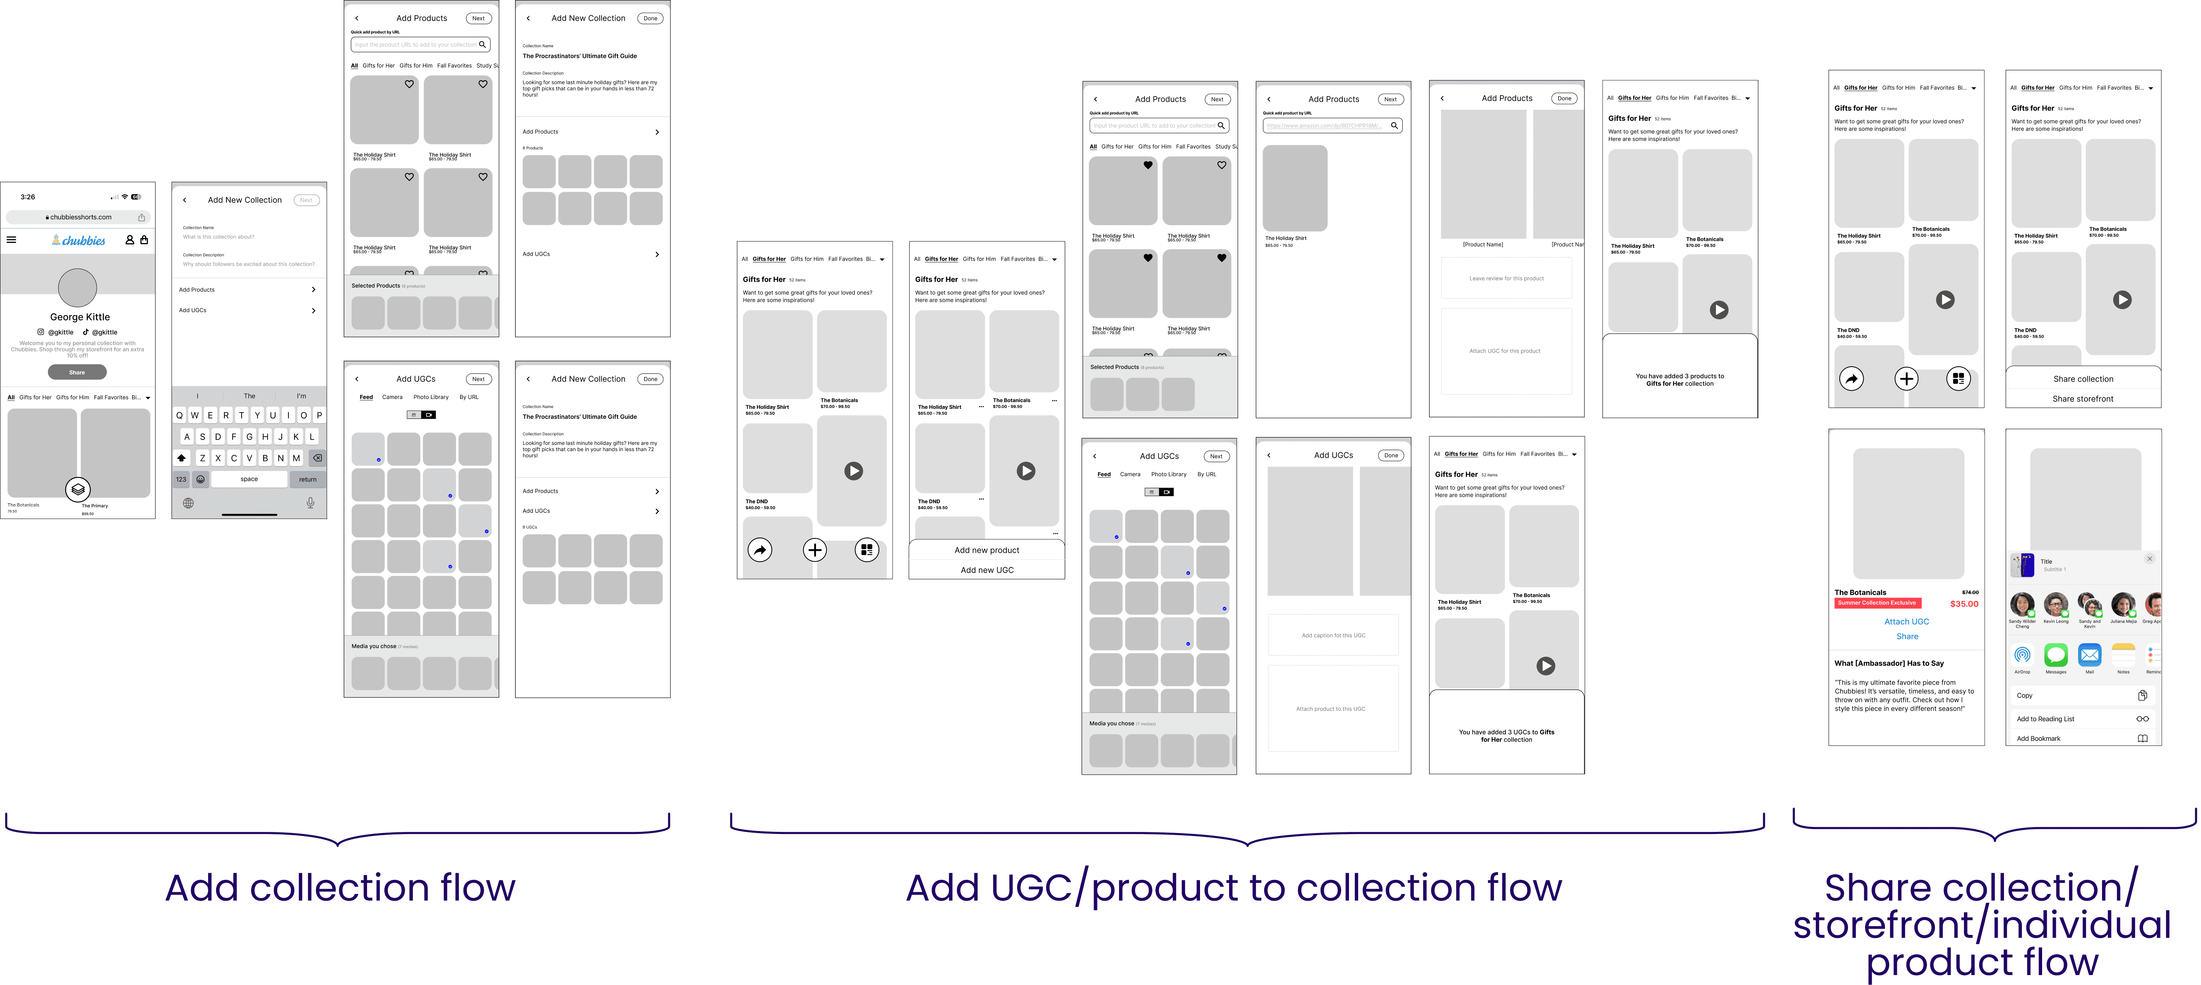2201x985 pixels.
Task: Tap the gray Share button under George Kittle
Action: point(77,372)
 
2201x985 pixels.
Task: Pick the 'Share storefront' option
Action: point(2082,399)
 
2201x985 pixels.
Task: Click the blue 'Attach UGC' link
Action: point(1906,622)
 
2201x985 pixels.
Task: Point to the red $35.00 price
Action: point(1963,604)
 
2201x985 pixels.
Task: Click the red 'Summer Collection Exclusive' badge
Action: point(1876,603)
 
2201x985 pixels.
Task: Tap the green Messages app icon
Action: point(2055,655)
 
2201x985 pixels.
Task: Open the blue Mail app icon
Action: point(2089,655)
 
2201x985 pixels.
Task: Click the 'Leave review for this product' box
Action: point(1505,279)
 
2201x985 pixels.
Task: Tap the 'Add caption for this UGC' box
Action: point(1333,636)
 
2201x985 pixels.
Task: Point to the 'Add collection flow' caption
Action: point(340,888)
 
